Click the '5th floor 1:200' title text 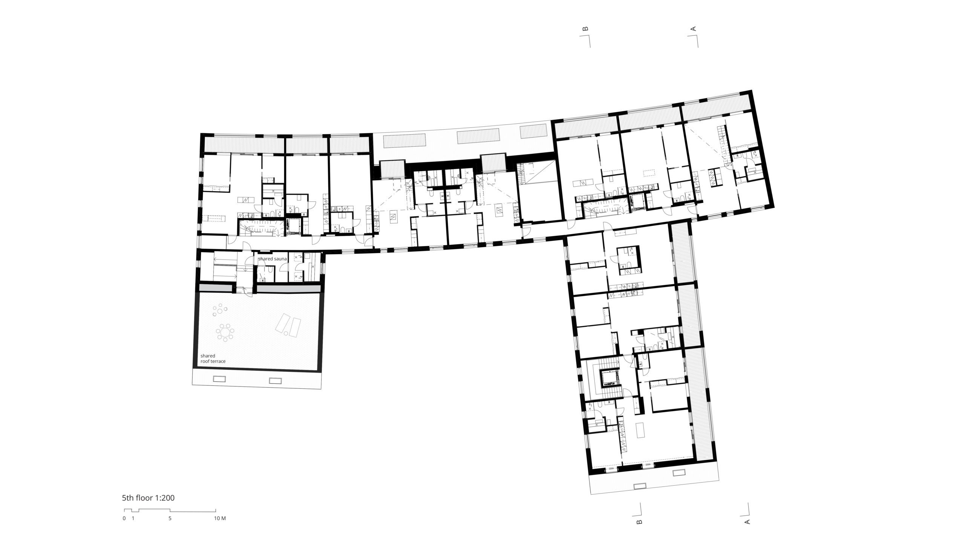[148, 498]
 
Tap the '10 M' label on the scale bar [220, 518]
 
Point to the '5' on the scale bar [170, 518]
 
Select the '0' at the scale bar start [124, 518]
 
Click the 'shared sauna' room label [273, 259]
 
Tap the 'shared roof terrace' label [213, 358]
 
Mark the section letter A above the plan [692, 28]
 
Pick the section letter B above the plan [585, 28]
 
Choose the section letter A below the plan [747, 522]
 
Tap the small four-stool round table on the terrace [219, 311]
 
